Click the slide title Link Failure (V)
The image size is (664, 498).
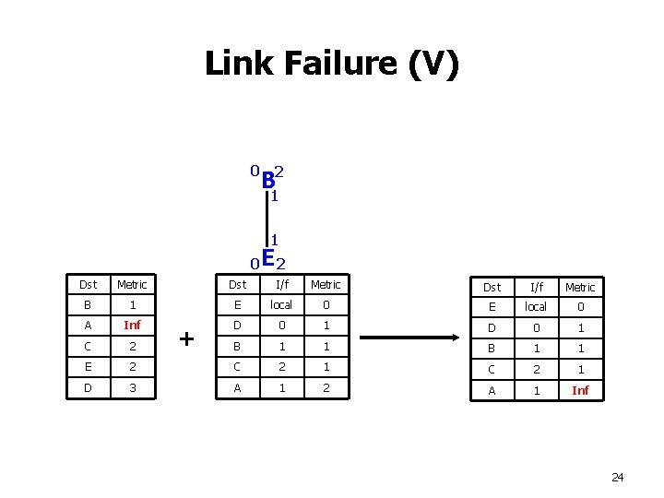point(331,65)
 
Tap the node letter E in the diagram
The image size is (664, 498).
point(267,259)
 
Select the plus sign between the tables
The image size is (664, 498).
point(187,339)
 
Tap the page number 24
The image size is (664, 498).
point(617,477)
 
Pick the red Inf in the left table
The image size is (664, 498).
point(132,326)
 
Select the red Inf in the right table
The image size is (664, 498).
point(580,390)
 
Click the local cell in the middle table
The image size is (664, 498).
point(280,305)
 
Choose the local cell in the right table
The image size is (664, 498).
point(536,307)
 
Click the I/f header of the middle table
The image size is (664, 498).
point(280,285)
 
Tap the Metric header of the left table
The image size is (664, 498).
point(132,285)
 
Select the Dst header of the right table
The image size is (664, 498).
point(492,287)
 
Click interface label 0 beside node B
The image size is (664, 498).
point(253,171)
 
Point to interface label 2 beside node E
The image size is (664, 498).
point(281,266)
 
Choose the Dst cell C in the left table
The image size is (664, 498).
point(88,347)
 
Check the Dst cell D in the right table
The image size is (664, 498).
point(492,328)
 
